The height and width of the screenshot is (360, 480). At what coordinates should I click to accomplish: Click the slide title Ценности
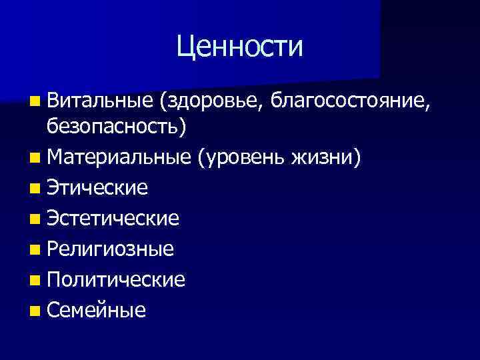click(x=240, y=47)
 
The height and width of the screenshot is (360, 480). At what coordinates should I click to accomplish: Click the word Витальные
click(x=100, y=101)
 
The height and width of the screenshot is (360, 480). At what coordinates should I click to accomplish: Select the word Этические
click(x=97, y=187)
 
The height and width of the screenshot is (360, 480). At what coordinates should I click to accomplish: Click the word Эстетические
click(x=113, y=218)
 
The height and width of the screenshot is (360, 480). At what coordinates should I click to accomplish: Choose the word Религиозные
click(x=110, y=249)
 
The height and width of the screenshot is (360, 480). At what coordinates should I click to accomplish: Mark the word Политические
click(x=116, y=279)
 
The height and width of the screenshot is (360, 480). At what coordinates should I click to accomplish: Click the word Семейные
click(x=96, y=310)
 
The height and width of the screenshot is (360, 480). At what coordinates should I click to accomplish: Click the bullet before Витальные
click(x=34, y=101)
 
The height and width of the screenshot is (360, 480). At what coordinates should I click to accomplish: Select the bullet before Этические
click(x=34, y=188)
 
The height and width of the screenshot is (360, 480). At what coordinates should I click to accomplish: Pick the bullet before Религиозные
click(x=34, y=249)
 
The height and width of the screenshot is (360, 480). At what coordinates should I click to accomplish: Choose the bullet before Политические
click(x=34, y=280)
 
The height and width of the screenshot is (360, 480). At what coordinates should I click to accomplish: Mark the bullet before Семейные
click(x=34, y=311)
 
